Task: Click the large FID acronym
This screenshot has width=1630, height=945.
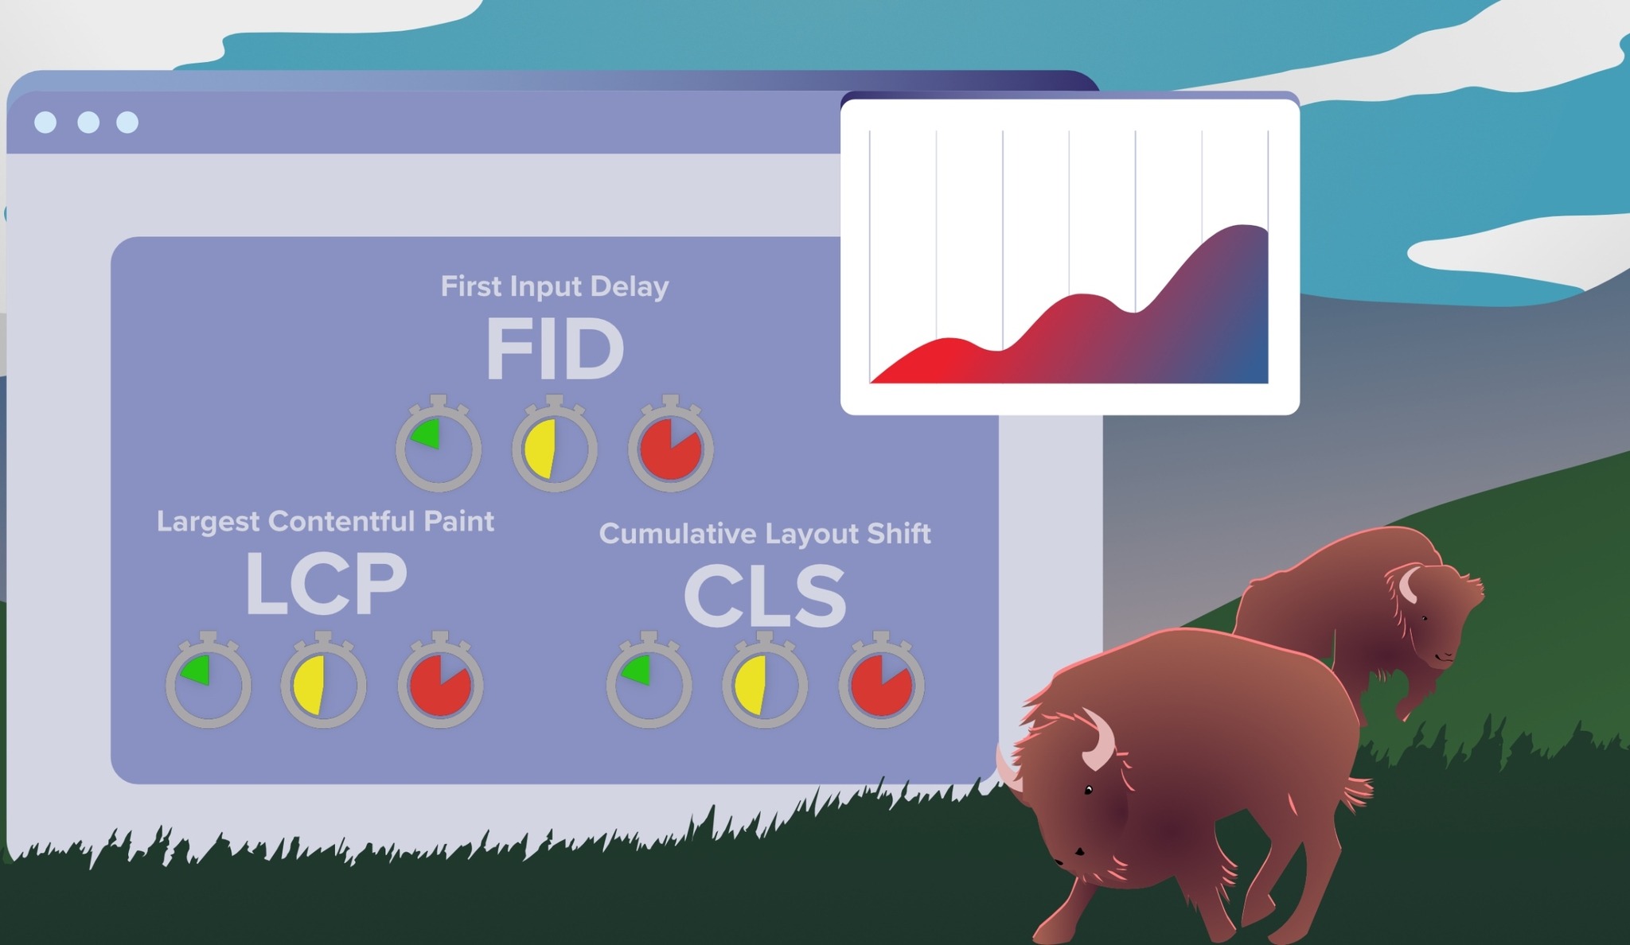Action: (x=555, y=350)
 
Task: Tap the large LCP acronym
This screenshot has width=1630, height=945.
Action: (x=326, y=585)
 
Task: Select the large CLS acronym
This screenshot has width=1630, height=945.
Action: (x=765, y=596)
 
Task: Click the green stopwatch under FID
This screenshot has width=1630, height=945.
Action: (x=439, y=443)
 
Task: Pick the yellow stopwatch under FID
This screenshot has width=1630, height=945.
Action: (x=555, y=443)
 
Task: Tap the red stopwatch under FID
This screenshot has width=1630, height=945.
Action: (x=671, y=443)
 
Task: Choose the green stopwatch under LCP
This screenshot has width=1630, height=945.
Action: (x=209, y=680)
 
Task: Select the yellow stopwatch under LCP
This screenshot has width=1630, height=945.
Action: (x=323, y=680)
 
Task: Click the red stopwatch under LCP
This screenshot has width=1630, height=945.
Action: (x=441, y=680)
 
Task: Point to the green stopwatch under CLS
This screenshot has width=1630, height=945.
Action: (x=649, y=680)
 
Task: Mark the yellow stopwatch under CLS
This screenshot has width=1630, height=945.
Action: (x=765, y=680)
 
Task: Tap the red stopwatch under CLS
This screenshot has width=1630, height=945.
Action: (x=881, y=680)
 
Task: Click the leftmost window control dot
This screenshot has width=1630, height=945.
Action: (x=45, y=122)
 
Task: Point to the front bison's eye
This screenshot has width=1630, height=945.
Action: (x=1088, y=790)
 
